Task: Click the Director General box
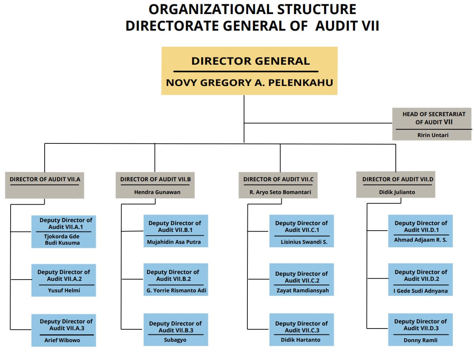click(249, 71)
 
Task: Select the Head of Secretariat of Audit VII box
click(431, 124)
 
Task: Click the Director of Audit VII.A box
click(45, 185)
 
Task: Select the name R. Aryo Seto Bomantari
click(280, 192)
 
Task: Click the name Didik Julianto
click(397, 192)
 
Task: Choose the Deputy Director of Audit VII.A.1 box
click(63, 231)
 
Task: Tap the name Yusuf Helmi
click(64, 291)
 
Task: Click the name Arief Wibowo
click(62, 340)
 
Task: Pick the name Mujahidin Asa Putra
click(174, 242)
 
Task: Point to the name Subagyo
click(175, 340)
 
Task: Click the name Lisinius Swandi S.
click(301, 242)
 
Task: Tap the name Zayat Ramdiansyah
click(301, 291)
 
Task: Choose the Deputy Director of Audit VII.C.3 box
click(301, 329)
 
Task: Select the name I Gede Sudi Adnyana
click(420, 291)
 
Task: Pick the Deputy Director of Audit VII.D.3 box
click(420, 329)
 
